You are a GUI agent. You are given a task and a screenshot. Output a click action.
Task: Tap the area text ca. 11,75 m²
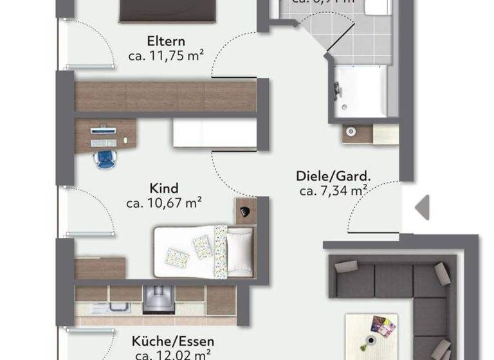click(166, 56)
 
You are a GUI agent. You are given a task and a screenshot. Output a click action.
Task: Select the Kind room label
click(164, 189)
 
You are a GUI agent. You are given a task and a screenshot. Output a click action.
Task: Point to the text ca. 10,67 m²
click(165, 204)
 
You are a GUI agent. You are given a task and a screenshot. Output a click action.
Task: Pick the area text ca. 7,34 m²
click(333, 191)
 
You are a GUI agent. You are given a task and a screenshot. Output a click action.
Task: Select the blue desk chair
click(103, 158)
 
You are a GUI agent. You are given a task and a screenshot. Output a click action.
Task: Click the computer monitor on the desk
click(104, 131)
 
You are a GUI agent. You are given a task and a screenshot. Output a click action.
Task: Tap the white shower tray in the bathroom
click(361, 90)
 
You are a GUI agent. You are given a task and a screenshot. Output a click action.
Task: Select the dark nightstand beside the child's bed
click(245, 210)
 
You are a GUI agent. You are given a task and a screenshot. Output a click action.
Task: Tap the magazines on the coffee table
click(382, 327)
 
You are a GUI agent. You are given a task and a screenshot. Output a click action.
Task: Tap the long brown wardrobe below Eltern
click(166, 96)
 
